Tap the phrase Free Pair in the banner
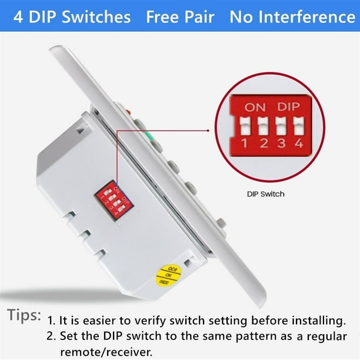(180, 16)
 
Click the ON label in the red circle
(255, 108)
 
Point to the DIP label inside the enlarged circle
(289, 108)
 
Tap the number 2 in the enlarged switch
(264, 143)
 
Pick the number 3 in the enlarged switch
(281, 143)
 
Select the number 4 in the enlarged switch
(299, 143)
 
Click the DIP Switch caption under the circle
(265, 194)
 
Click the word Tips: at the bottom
(24, 315)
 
